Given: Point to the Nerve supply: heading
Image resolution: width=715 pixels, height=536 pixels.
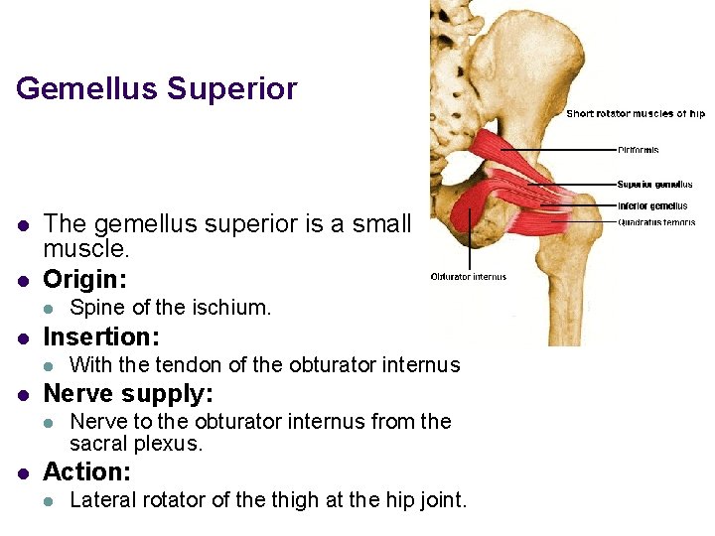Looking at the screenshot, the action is point(128,393).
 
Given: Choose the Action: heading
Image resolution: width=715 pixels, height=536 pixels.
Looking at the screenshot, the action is point(87,470).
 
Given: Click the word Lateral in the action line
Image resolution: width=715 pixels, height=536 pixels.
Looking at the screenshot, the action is point(101,500).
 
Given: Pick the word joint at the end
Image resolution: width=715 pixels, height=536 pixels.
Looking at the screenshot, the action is point(442,500).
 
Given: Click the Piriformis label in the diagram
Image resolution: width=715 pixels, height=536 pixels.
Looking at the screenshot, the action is point(639,150).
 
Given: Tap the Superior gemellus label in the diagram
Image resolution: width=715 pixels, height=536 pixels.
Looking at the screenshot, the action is point(654,184).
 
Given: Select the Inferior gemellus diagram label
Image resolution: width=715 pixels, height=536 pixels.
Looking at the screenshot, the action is point(652,206).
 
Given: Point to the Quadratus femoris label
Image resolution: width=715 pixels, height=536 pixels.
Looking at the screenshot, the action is point(656,222).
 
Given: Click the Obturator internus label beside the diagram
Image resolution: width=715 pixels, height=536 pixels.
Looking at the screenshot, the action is point(469,277).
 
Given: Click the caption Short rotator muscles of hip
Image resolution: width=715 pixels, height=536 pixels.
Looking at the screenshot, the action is point(636,114).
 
